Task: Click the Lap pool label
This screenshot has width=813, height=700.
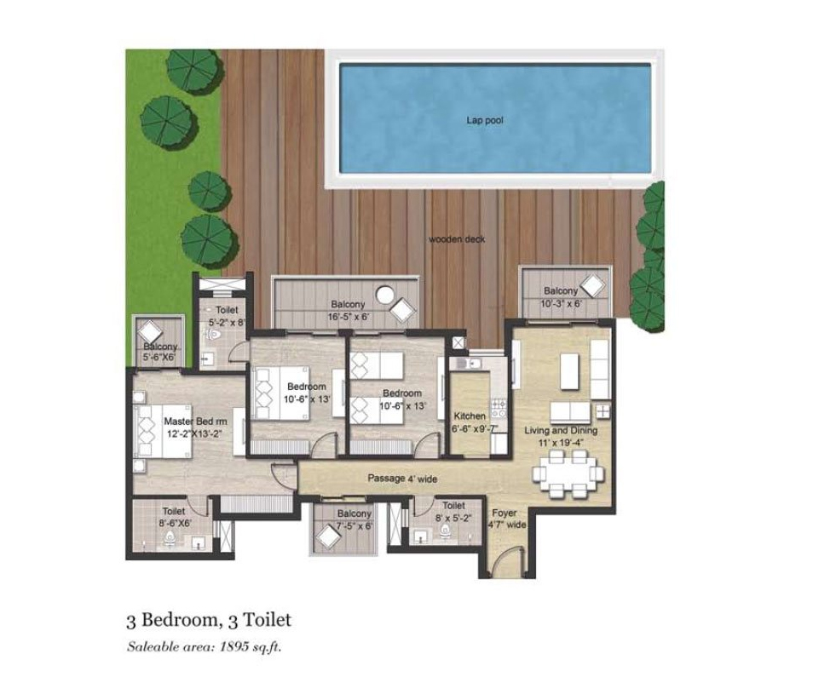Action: point(484,120)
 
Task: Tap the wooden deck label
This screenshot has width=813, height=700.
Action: point(457,238)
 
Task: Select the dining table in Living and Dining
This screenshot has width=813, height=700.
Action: point(568,473)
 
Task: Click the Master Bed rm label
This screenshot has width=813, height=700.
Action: point(195,422)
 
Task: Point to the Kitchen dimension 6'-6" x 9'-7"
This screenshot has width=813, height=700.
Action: point(475,428)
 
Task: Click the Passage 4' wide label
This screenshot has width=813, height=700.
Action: point(402,479)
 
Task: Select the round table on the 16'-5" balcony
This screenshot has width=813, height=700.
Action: point(385,295)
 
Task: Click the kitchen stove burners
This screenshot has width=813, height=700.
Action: point(499,408)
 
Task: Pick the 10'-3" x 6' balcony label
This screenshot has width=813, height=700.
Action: point(561,297)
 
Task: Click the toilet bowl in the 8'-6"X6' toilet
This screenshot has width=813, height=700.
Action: point(170,539)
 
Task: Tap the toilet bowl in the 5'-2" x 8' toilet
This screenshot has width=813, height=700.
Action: point(213,336)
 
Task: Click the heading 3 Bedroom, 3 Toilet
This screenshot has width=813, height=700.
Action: point(209,620)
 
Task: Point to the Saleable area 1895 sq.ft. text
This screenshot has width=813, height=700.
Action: point(205,646)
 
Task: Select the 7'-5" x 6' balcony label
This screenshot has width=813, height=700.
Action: point(355,519)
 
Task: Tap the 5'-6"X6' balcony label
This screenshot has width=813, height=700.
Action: point(160,352)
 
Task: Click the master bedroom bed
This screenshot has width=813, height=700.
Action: point(163,432)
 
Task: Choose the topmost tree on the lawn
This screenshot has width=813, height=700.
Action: point(194,71)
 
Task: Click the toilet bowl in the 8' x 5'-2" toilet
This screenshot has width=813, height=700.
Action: point(445,531)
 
